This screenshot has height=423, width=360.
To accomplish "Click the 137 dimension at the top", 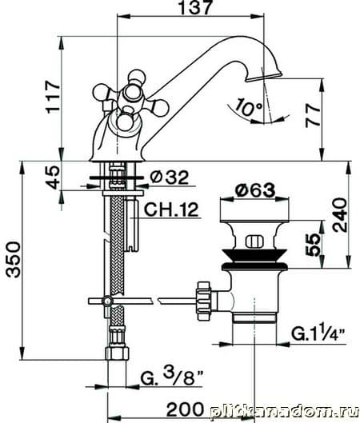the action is click(x=195, y=7).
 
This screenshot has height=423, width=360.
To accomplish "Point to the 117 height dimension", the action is click(x=53, y=96).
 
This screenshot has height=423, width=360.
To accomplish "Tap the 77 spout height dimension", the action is click(x=313, y=116).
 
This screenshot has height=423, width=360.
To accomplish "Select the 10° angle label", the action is click(x=248, y=107).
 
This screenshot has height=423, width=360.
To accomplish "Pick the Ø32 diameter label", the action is click(x=170, y=178).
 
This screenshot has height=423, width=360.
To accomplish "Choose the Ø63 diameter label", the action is click(x=255, y=190).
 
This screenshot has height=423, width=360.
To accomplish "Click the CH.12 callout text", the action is click(x=171, y=210).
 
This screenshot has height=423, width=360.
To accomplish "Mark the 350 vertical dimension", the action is click(x=14, y=260).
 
